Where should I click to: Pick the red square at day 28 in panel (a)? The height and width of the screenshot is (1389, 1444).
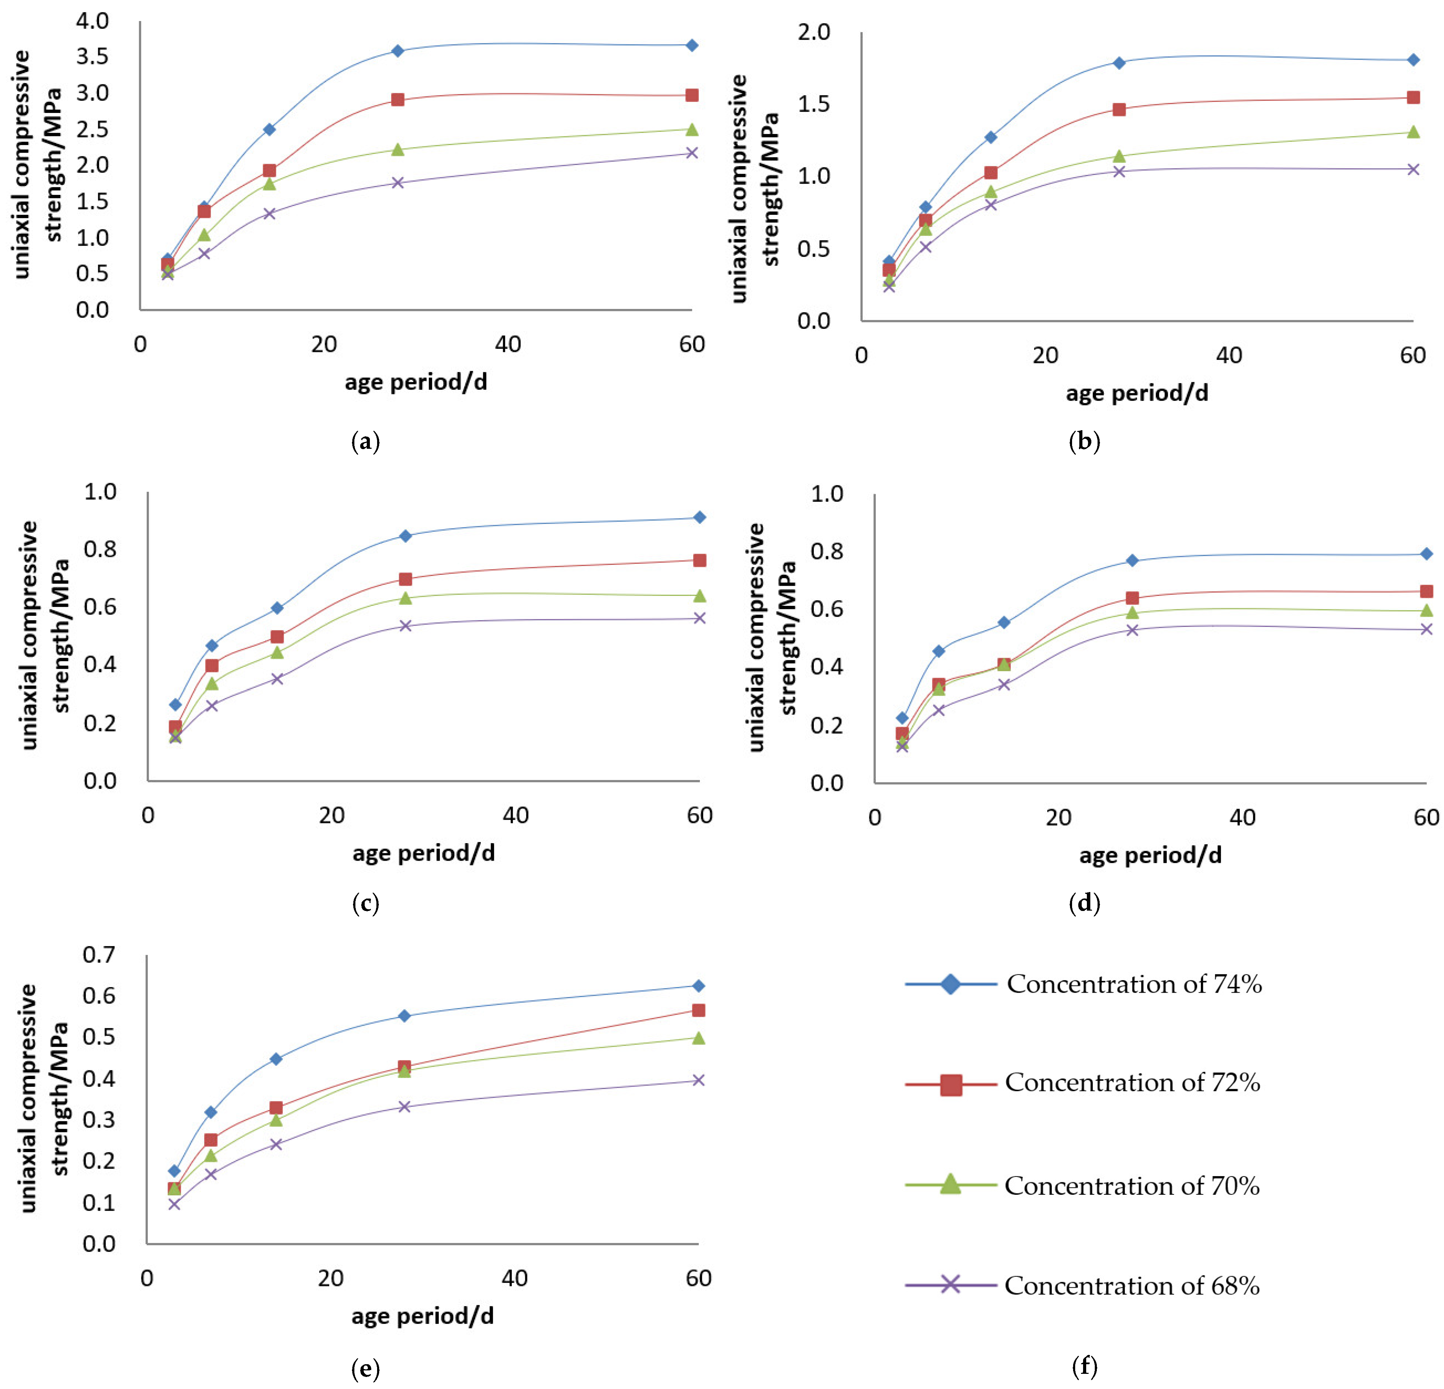coord(398,100)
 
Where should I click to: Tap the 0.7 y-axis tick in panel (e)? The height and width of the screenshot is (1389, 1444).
coord(99,955)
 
